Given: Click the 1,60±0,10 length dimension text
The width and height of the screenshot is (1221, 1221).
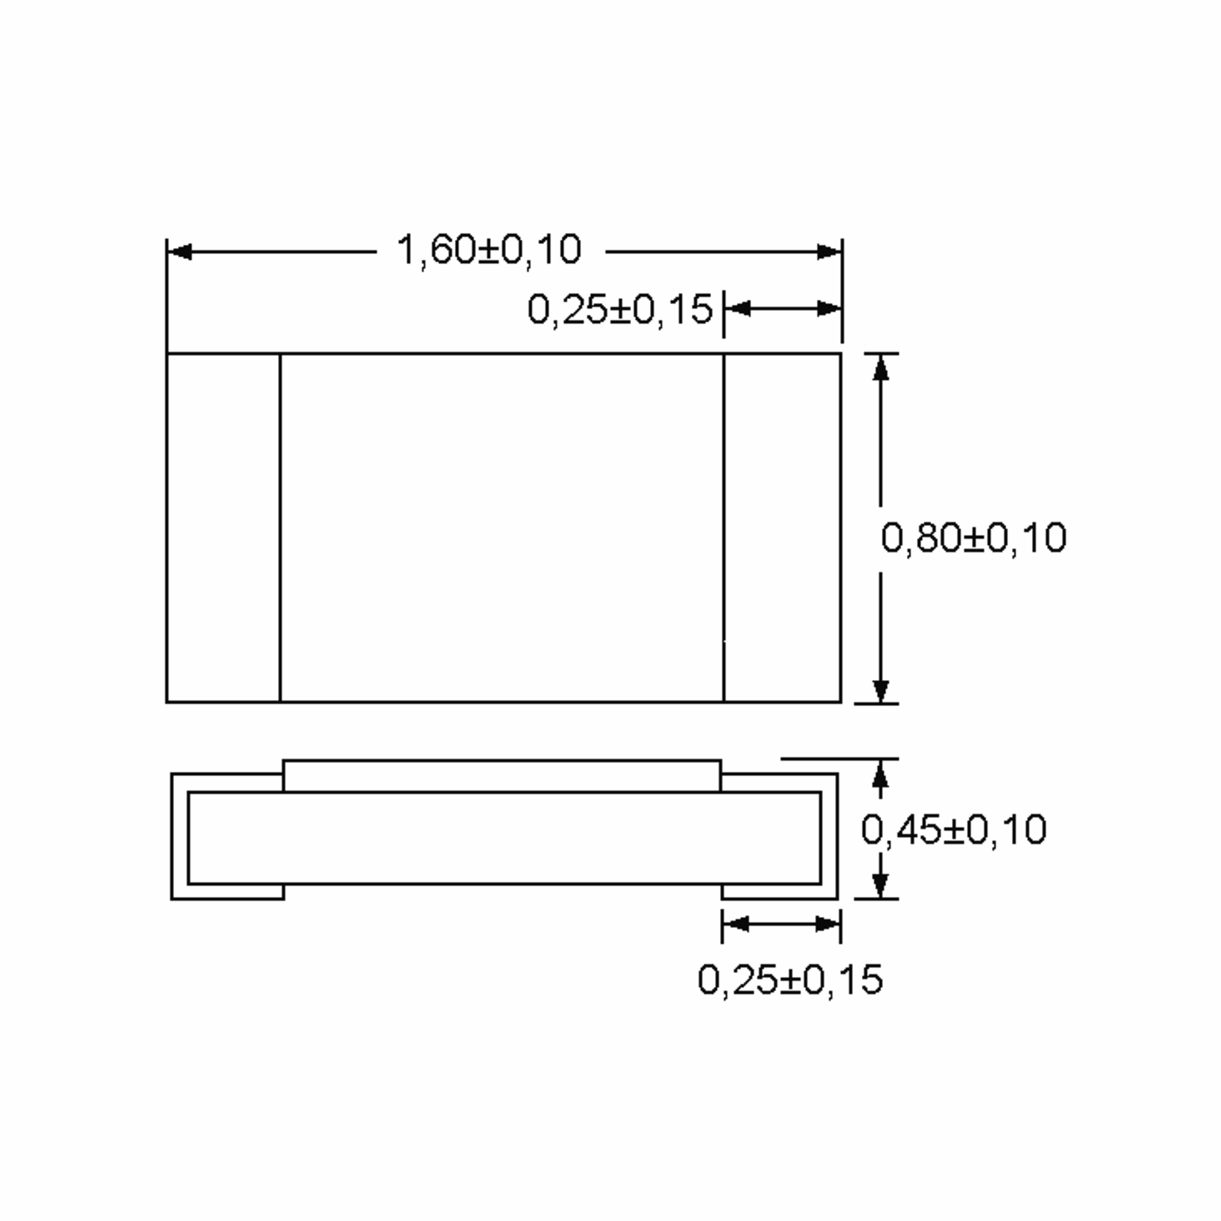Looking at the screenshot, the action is tap(488, 250).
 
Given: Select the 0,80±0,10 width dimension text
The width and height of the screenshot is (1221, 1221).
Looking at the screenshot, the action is tap(974, 538).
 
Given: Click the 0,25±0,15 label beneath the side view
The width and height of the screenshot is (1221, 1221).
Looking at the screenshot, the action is tap(790, 980).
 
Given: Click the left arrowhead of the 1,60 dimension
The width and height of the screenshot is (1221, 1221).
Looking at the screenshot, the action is tap(180, 252).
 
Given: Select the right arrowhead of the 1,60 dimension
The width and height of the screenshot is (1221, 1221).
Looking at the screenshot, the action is tap(829, 252).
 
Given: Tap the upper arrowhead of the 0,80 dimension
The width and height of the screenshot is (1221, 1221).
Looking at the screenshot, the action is tap(880, 368).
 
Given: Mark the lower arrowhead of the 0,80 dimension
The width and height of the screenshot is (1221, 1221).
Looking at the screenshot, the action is tap(880, 690).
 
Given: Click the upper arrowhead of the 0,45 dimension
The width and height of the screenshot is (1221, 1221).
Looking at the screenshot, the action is tap(880, 772).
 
